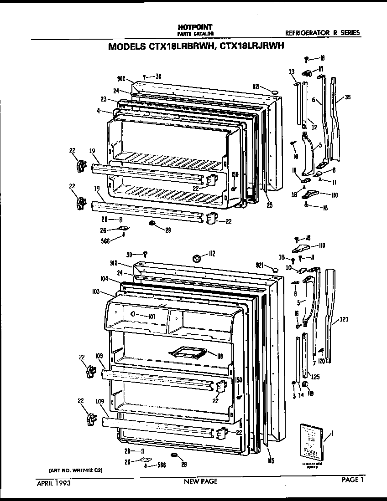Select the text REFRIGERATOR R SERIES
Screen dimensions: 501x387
click(x=322, y=33)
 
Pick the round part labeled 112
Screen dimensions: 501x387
click(x=197, y=259)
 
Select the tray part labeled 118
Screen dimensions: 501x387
click(x=187, y=352)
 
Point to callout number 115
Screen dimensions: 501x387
click(x=271, y=461)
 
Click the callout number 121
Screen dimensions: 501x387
click(x=344, y=319)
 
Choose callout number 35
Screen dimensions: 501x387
click(x=348, y=97)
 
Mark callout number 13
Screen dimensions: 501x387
click(x=291, y=72)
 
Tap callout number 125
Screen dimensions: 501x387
click(x=315, y=377)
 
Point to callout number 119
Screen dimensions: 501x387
click(x=310, y=394)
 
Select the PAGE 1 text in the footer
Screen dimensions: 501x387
click(x=351, y=479)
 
